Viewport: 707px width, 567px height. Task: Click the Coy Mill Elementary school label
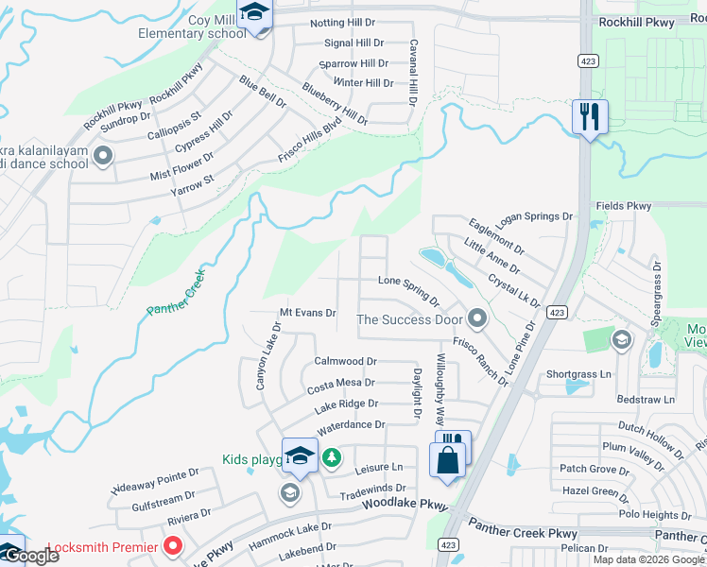pos(192,26)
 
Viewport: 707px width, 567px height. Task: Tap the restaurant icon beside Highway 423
pos(590,118)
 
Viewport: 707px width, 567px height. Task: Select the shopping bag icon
pos(448,461)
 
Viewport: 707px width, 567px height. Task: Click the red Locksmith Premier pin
pos(173,545)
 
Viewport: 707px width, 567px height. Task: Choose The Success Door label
pos(408,319)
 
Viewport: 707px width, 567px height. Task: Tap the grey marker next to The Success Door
pos(476,318)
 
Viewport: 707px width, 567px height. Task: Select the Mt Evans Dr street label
pos(308,313)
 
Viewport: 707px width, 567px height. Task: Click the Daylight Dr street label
pos(416,393)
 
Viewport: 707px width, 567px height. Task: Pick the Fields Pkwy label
pos(624,205)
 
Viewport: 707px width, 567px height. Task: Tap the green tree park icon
pos(331,458)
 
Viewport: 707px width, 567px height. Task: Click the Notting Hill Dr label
pos(348,24)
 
